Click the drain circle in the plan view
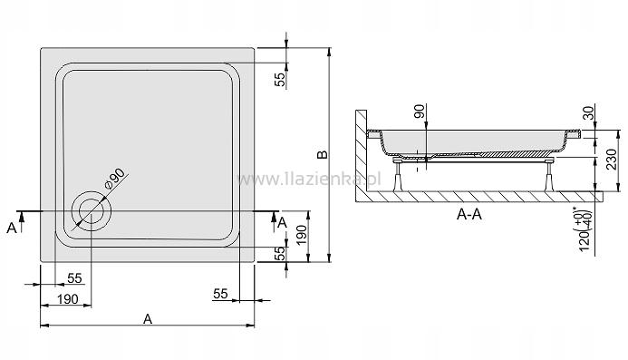(92, 209)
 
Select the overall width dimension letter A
(148, 317)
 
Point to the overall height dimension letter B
(320, 155)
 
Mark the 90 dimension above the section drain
(420, 112)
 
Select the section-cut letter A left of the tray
(11, 227)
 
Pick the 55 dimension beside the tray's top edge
(281, 79)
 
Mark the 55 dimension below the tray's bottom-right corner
(220, 294)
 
